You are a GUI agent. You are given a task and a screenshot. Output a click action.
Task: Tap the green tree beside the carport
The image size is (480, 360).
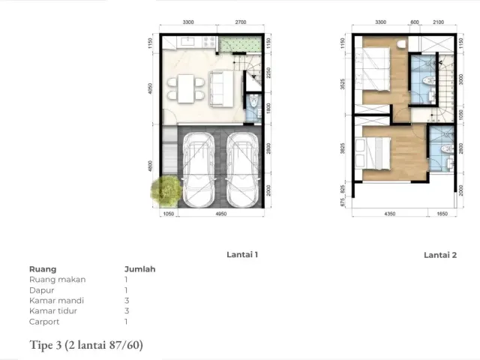[x=165, y=190]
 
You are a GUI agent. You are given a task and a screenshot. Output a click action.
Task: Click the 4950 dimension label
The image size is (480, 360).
[x=220, y=214]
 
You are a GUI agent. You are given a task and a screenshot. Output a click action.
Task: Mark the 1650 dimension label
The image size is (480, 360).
[x=442, y=214]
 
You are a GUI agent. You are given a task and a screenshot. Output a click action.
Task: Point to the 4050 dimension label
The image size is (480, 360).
[x=152, y=89]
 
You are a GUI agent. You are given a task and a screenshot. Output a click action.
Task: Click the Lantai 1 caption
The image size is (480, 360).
[x=242, y=255]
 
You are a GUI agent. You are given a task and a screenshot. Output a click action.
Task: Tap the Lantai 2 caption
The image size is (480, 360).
[x=440, y=255]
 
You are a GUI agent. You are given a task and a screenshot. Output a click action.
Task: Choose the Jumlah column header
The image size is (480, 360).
[x=139, y=268]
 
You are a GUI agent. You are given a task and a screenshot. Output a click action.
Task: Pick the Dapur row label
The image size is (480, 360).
[x=42, y=289]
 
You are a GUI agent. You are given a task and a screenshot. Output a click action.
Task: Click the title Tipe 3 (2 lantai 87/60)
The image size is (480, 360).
[x=85, y=345]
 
